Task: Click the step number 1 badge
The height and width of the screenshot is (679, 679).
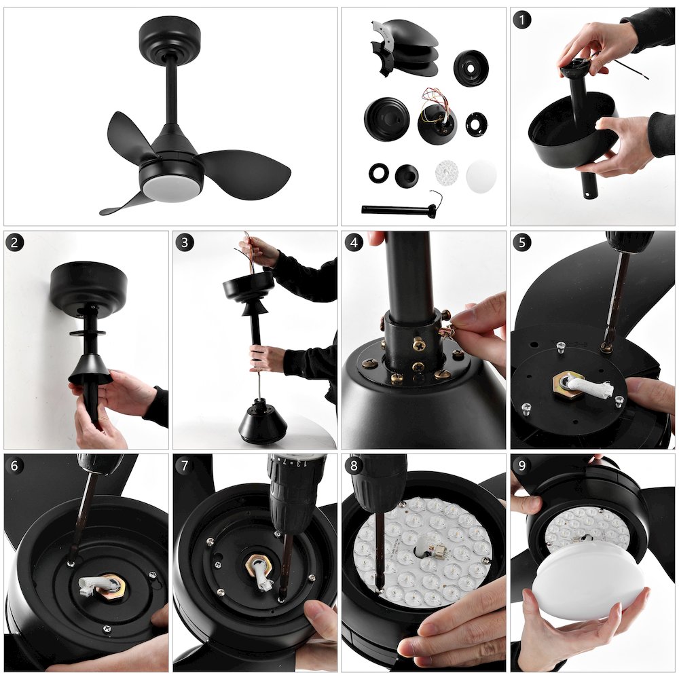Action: (x=521, y=20)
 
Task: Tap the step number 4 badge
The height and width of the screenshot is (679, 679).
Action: (x=354, y=242)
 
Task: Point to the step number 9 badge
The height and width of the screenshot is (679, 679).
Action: (x=521, y=466)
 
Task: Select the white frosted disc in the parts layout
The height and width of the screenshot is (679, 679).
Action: (x=481, y=176)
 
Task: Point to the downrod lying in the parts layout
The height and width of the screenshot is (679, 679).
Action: (x=397, y=209)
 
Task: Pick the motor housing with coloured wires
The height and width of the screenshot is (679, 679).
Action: (x=437, y=122)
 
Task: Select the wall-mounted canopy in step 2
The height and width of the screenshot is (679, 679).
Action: (x=88, y=283)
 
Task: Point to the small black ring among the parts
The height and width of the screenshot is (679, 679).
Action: (x=379, y=173)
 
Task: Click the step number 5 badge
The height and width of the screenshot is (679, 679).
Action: (x=521, y=242)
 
